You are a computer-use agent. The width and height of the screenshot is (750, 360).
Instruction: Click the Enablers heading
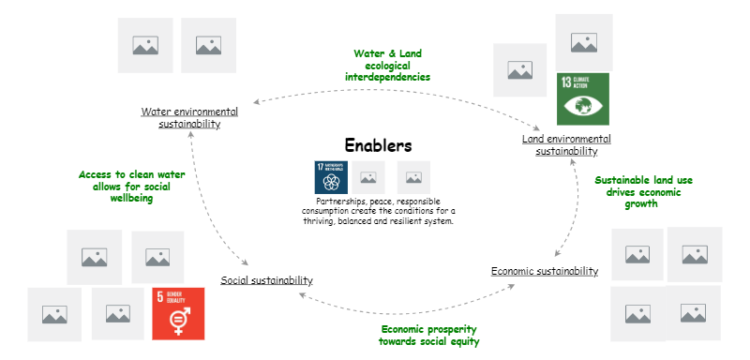pyautogui.click(x=378, y=146)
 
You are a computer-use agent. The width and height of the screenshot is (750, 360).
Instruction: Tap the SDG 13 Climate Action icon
pyautogui.click(x=582, y=98)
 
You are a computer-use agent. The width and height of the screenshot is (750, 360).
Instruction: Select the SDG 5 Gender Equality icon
pyautogui.click(x=177, y=312)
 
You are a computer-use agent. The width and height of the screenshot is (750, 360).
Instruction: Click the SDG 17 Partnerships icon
pyautogui.click(x=329, y=176)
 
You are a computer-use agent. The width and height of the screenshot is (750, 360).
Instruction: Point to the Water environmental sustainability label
pyautogui.click(x=189, y=117)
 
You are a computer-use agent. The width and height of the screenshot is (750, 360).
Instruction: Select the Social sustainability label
pyautogui.click(x=266, y=280)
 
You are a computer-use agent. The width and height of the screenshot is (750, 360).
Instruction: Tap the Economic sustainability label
pyautogui.click(x=544, y=272)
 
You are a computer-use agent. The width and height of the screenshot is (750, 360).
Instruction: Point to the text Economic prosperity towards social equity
pyautogui.click(x=429, y=335)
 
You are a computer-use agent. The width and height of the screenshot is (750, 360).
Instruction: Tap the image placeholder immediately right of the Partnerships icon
pyautogui.click(x=368, y=176)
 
